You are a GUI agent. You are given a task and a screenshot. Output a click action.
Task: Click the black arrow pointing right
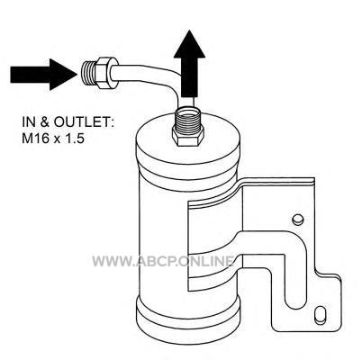43,74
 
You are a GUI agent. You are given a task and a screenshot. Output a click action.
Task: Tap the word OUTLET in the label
79,122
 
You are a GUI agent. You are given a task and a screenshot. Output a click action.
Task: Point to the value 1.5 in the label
74,139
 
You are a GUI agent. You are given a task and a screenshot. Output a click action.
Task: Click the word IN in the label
29,122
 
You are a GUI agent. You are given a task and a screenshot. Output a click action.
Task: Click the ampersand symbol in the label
45,122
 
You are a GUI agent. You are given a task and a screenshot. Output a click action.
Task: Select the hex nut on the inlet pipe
105,72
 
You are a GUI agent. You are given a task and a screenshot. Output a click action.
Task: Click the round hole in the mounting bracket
298,220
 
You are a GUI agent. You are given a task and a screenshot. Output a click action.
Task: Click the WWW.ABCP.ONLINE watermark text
163,261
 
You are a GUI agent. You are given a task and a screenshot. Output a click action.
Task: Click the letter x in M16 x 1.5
56,139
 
